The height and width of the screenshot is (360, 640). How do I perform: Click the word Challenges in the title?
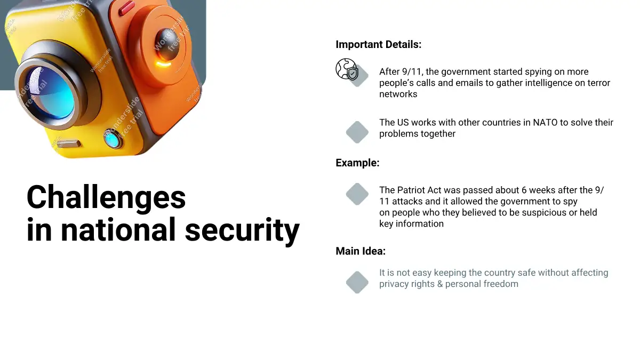point(106,198)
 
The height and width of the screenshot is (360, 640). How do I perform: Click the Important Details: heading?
point(378,45)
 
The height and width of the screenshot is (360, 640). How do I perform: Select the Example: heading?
point(357,163)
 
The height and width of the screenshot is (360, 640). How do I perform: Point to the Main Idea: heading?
point(361,251)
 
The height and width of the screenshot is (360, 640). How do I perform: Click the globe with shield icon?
point(347,69)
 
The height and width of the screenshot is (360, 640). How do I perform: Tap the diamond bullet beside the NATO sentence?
point(357,132)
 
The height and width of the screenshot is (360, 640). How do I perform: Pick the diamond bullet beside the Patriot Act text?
point(357,194)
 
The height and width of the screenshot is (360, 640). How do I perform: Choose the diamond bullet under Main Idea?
point(357,282)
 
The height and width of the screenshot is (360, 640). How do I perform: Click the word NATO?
point(545,123)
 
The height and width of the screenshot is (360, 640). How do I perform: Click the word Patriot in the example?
point(411,190)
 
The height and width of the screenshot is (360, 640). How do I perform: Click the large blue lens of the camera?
point(51,92)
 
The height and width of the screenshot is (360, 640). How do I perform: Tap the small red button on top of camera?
point(126,7)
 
